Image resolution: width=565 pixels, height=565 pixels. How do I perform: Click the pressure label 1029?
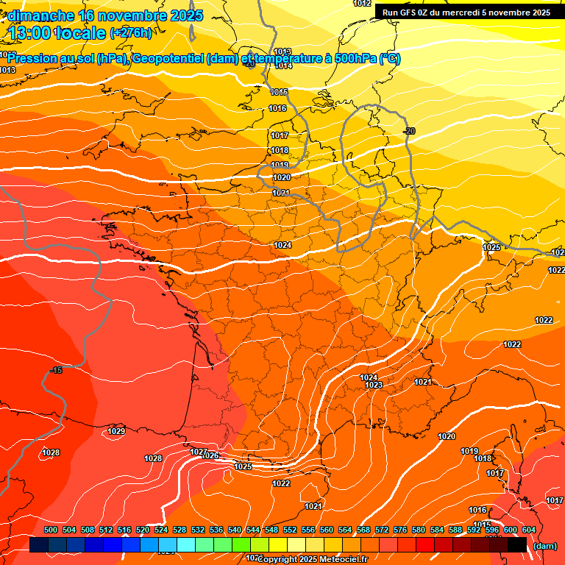[x=116, y=431]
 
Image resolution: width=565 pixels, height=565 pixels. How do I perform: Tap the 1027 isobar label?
[x=199, y=452]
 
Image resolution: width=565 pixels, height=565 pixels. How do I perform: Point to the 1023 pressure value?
[x=374, y=385]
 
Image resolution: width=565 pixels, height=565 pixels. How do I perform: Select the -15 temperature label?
[x=56, y=370]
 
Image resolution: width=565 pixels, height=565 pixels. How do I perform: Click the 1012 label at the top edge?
[x=362, y=4]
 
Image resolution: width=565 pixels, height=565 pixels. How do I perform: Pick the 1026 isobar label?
[x=210, y=456]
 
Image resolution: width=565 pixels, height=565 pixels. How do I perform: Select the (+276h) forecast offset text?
[x=130, y=32]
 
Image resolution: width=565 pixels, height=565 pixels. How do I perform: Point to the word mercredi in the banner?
[x=461, y=13]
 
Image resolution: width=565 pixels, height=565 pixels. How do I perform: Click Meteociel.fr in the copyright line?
[x=338, y=559]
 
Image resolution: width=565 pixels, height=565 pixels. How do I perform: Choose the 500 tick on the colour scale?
[x=51, y=530]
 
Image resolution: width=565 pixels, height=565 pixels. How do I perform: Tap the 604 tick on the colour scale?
[x=529, y=530]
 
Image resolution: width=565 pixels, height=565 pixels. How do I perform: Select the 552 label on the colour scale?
[x=290, y=530]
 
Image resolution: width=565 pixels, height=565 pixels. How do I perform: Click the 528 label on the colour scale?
[x=180, y=530]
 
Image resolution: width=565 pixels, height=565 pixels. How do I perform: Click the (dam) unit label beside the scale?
[x=545, y=546]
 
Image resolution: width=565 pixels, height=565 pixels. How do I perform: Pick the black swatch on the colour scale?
[x=517, y=544]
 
